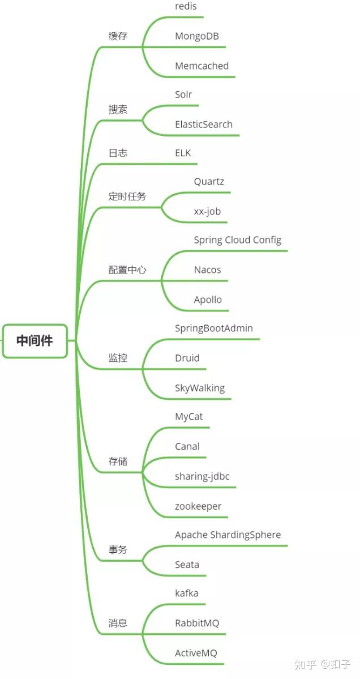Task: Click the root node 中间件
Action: pyautogui.click(x=35, y=341)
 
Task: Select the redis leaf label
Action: pyautogui.click(x=186, y=6)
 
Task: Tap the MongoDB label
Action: pyautogui.click(x=197, y=36)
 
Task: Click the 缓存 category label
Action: pyautogui.click(x=118, y=36)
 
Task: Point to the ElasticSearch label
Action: pyautogui.click(x=204, y=124)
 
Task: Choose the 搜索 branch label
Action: pyautogui.click(x=118, y=109)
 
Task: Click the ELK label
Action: pyautogui.click(x=183, y=153)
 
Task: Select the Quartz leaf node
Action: pyautogui.click(x=209, y=182)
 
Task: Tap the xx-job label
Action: pyautogui.click(x=207, y=212)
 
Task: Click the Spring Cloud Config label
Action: pyautogui.click(x=238, y=240)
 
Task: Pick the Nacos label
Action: pyautogui.click(x=207, y=270)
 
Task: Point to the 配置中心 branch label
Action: pyautogui.click(x=127, y=270)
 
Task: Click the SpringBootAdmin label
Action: pyautogui.click(x=214, y=328)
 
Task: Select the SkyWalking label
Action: pyautogui.click(x=200, y=387)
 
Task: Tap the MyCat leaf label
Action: pyautogui.click(x=189, y=417)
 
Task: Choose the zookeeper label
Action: pyautogui.click(x=198, y=506)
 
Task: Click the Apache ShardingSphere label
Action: pyautogui.click(x=228, y=535)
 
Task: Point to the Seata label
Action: pyautogui.click(x=187, y=565)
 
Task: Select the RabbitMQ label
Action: pyautogui.click(x=197, y=623)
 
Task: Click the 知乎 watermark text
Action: pyautogui.click(x=305, y=664)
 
